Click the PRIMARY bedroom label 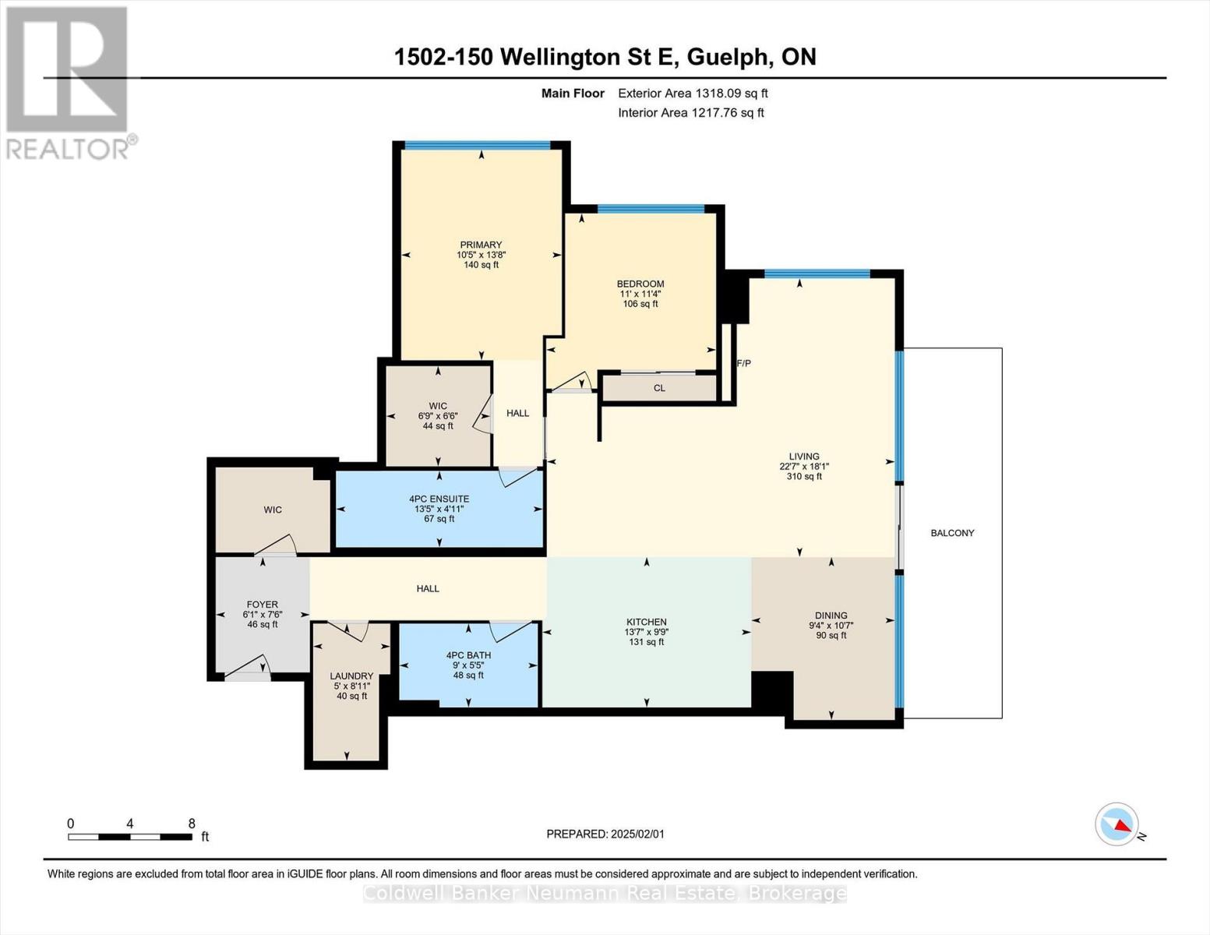[481, 245]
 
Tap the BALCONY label [952, 533]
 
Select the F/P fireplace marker [743, 363]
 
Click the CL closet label [659, 388]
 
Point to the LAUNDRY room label [351, 676]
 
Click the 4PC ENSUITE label [439, 499]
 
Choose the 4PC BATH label [468, 655]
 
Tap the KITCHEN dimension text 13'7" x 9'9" [646, 632]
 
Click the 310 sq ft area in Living [803, 477]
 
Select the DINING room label [831, 615]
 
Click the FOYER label [262, 604]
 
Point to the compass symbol [1117, 824]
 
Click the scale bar [130, 837]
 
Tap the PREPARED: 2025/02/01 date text [605, 834]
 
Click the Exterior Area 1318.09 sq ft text [693, 93]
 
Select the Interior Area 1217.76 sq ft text [690, 112]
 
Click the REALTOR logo [68, 82]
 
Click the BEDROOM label [640, 284]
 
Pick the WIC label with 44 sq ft [438, 406]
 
